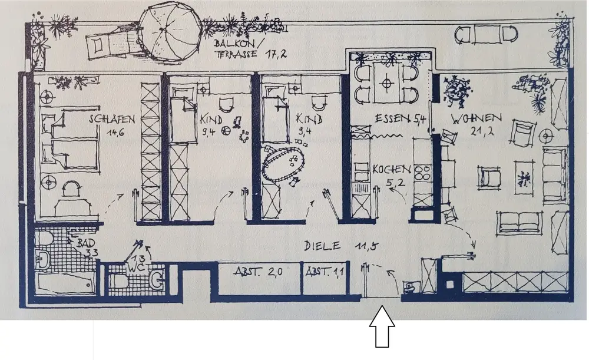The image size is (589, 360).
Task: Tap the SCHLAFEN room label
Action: point(112,120)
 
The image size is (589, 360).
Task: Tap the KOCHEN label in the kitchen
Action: point(392,170)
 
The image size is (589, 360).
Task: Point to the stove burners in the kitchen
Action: point(422,171)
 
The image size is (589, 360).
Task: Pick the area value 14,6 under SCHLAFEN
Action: point(113,132)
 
